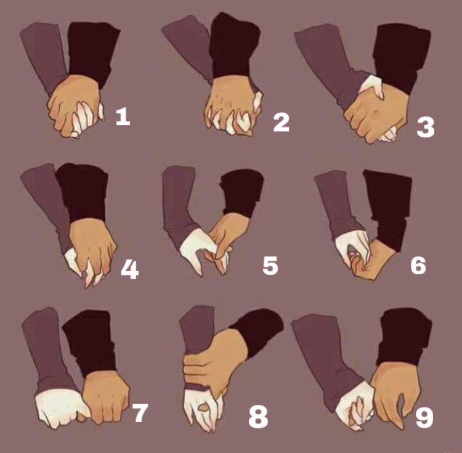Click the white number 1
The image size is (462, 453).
(123, 116)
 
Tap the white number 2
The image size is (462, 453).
(281, 123)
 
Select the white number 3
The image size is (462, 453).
(426, 128)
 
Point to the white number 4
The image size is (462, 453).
(129, 269)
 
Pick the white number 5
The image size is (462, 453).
(270, 265)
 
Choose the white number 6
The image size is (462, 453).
(418, 265)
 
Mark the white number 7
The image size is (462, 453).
(139, 412)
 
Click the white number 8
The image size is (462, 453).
(258, 417)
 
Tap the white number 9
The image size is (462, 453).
(424, 417)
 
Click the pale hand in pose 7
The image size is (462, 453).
(60, 408)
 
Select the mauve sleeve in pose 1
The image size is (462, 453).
(44, 56)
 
